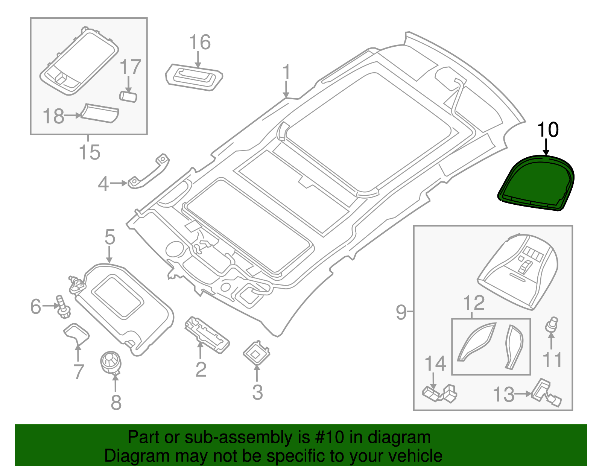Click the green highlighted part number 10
[x=536, y=183]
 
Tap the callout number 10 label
[x=547, y=130]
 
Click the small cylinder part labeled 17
[x=128, y=96]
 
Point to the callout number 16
[x=199, y=42]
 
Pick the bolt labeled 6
[x=63, y=307]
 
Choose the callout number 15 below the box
[x=90, y=152]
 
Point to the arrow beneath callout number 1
[x=286, y=90]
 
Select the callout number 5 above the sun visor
[x=109, y=237]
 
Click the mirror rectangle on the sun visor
[x=117, y=296]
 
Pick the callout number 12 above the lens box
[x=474, y=303]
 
